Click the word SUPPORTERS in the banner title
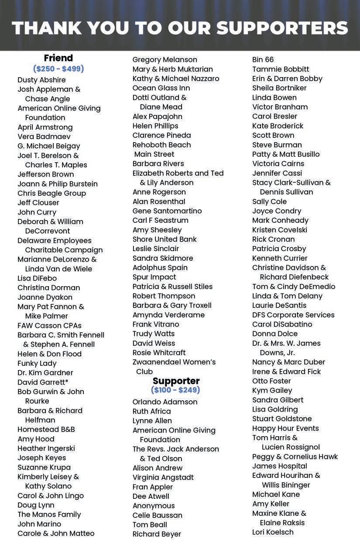tap(282, 28)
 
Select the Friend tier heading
tap(58, 58)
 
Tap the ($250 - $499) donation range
tap(58, 68)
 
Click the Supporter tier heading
tap(176, 381)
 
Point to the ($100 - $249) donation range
tap(175, 390)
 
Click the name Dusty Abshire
tap(41, 80)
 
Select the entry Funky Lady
tap(37, 363)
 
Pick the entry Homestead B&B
tap(46, 430)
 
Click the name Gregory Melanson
tap(165, 60)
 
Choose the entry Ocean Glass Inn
tap(161, 88)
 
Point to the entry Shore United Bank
tap(165, 239)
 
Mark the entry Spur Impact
tap(154, 277)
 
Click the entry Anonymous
tap(154, 506)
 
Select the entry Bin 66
tap(263, 60)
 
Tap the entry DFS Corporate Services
tap(293, 315)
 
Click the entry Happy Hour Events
tap(285, 428)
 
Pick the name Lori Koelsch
tap(273, 532)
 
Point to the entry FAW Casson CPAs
tap(49, 325)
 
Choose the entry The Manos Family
tap(49, 515)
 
